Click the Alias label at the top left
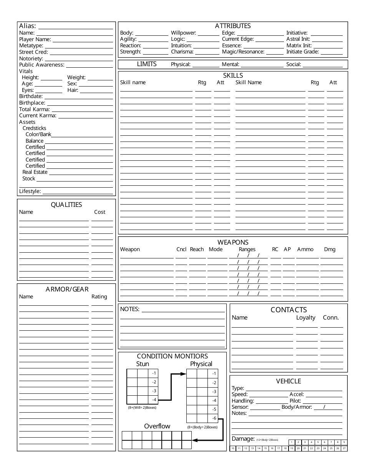(x=28, y=26)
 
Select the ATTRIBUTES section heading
(x=232, y=26)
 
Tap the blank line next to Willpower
(x=208, y=33)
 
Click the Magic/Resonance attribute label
(x=243, y=52)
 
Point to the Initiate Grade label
(x=302, y=52)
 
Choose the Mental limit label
(x=230, y=65)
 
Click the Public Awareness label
(x=41, y=65)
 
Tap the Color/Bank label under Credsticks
(x=38, y=135)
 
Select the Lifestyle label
(x=30, y=191)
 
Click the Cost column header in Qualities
(x=100, y=212)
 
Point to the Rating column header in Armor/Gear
(x=99, y=296)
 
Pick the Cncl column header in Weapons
(x=181, y=249)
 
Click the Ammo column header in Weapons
(x=305, y=249)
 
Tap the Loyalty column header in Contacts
(x=305, y=318)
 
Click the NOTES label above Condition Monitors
(x=129, y=309)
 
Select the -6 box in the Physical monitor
(x=214, y=418)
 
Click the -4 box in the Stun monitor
(x=154, y=400)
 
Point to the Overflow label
(x=157, y=426)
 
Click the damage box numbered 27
(x=344, y=448)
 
